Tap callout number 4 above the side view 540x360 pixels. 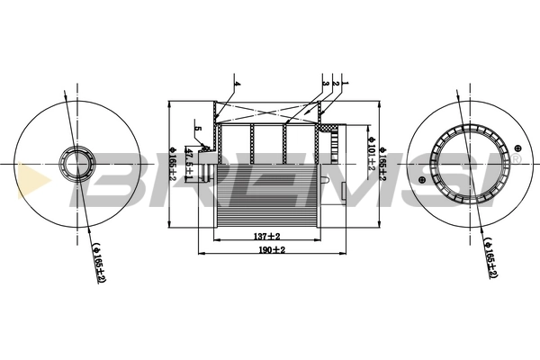pos(237,84)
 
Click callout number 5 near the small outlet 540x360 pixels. pos(197,130)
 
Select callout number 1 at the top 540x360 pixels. pos(345,84)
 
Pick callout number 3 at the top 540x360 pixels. pos(323,84)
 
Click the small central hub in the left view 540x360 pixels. pos(71,165)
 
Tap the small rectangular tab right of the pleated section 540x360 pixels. pos(346,190)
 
